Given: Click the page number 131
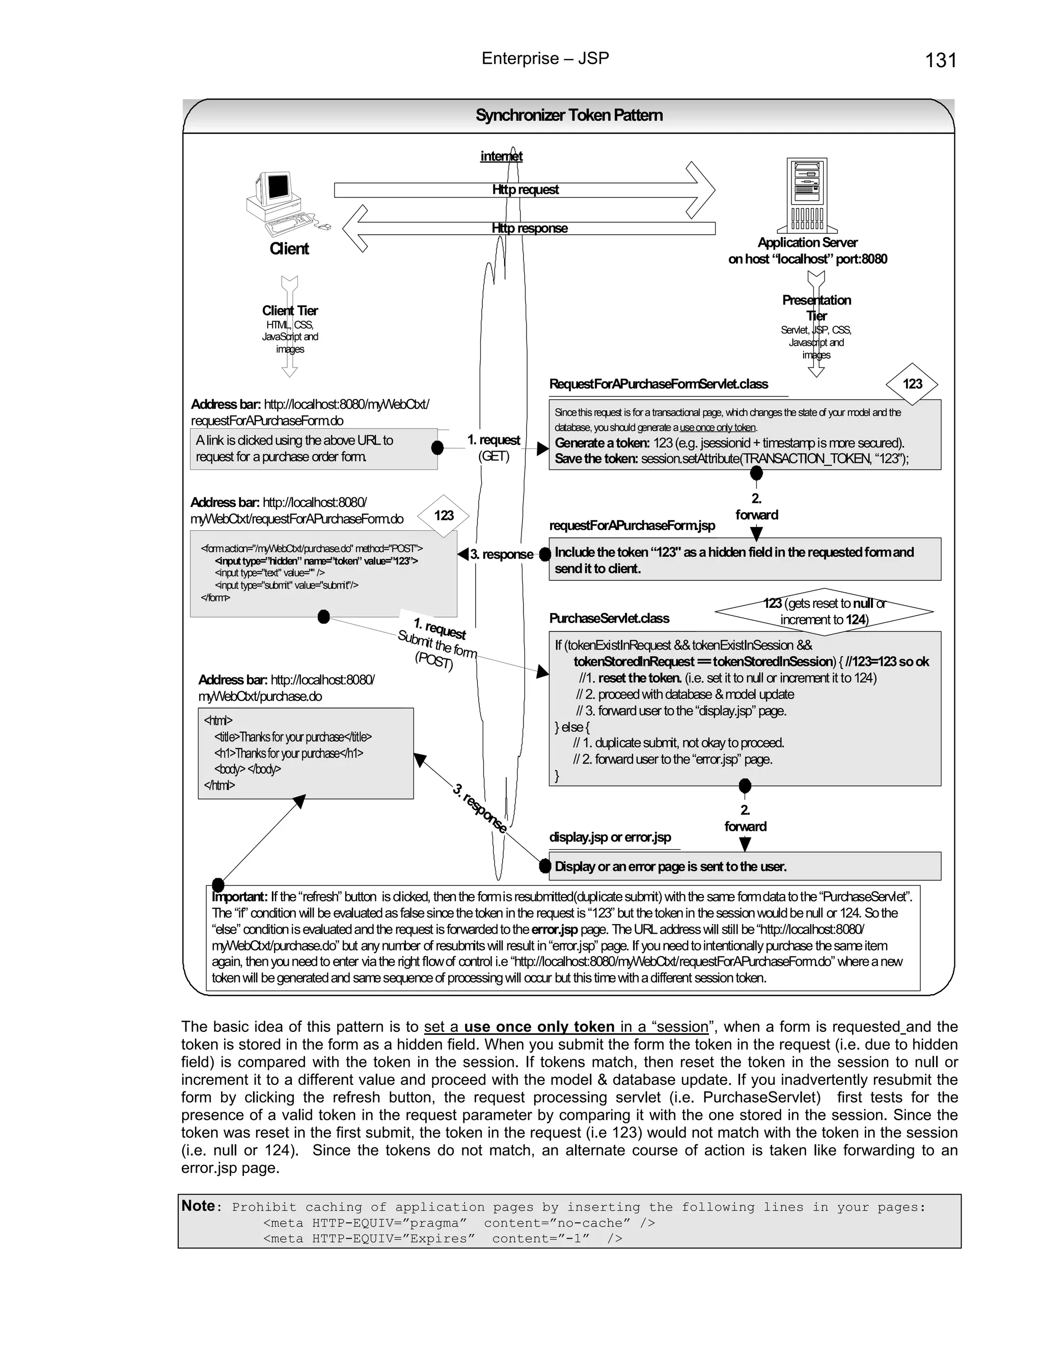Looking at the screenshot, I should coord(941,61).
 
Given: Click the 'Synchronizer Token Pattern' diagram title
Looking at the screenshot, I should coord(569,116).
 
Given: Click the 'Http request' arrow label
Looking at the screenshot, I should coord(525,190).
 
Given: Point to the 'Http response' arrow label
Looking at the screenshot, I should coord(530,228).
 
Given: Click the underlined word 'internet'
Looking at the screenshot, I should coord(501,156).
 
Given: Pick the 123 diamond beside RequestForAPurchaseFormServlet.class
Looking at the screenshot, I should coord(912,384).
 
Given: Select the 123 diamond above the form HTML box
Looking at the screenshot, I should coord(444,515).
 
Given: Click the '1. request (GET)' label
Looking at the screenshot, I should coord(493,448).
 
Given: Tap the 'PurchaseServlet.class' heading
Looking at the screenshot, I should coord(609,619).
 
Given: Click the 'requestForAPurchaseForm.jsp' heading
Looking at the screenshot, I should coord(632,526).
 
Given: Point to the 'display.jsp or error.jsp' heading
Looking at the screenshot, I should coord(610,837).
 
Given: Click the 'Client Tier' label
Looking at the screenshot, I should coord(290,311).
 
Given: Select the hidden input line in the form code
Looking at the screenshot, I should coord(316,561).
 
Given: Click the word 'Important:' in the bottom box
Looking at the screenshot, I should coord(239,897).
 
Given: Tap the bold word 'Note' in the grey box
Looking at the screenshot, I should coord(198,1205).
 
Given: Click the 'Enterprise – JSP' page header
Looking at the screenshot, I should coord(545,59).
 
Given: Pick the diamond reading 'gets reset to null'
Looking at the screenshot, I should coord(824,611).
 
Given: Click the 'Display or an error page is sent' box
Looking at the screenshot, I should coord(744,866).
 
